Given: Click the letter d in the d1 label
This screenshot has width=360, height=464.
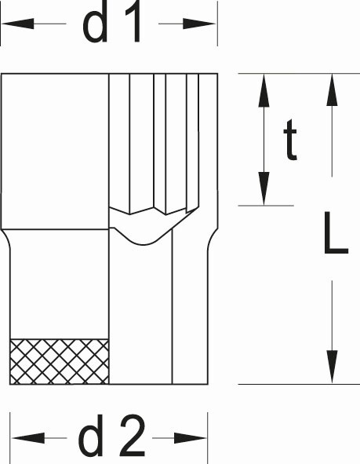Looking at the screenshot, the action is click(95, 23).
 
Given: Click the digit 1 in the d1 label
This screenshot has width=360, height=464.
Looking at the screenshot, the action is click(133, 23).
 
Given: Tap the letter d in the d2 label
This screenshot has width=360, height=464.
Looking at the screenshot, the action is click(91, 436).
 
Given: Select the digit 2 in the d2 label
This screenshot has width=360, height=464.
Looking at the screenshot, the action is click(133, 436).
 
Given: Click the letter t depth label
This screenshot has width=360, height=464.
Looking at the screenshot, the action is click(290, 140).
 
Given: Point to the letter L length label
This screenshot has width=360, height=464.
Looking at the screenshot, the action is click(336, 233).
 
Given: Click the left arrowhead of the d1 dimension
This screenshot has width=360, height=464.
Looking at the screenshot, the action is click(18, 24).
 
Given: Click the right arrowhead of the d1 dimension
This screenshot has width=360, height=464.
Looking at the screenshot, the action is click(199, 24).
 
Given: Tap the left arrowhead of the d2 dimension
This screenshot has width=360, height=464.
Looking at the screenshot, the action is click(28, 438).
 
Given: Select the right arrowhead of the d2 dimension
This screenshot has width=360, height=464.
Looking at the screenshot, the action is click(191, 438).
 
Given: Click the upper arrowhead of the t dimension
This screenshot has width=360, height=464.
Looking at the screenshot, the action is click(264, 90).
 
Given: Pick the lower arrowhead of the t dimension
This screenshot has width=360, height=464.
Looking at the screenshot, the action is click(264, 188).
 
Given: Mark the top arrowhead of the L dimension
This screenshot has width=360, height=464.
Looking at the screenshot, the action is click(332, 90).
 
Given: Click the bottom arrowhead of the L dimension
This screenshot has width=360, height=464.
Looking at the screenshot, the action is click(332, 367).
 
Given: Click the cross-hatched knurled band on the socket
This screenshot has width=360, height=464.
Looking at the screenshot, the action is click(60, 362).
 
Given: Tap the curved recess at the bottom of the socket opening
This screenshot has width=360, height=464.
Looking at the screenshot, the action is click(144, 237).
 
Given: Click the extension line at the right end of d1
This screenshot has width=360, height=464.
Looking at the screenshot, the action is click(217, 24).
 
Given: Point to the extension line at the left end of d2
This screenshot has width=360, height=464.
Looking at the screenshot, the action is click(10, 438).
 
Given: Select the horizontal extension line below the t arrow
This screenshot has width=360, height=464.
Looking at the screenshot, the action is click(266, 206).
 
